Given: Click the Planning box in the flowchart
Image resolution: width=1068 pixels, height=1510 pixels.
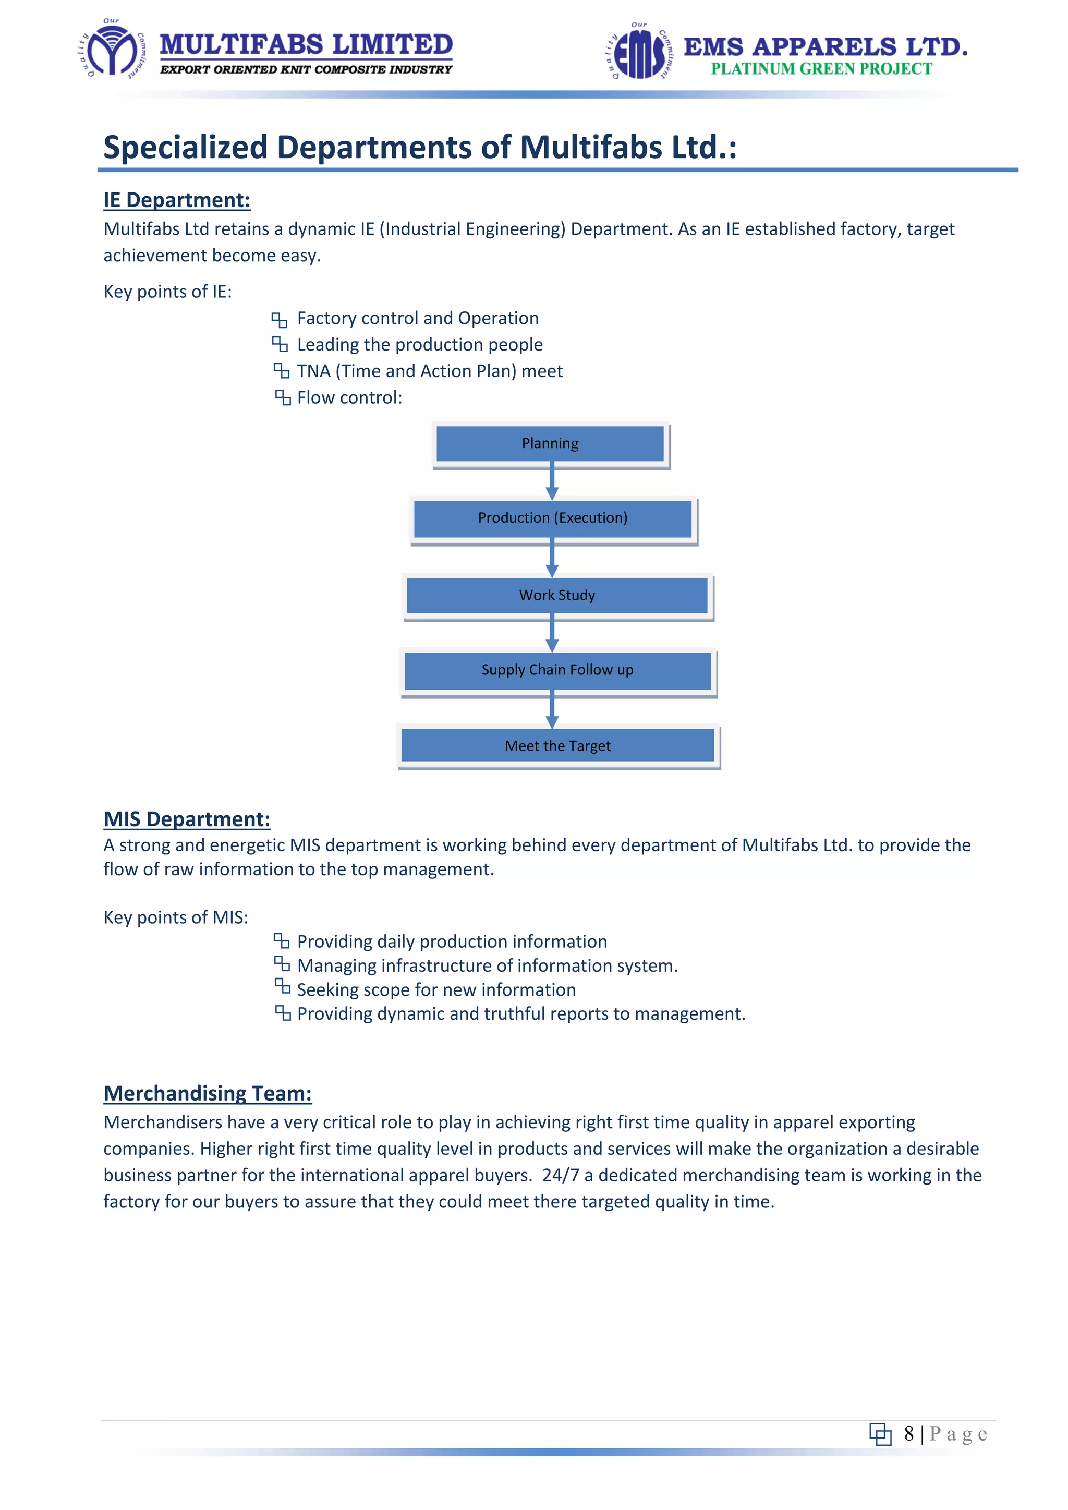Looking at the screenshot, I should pos(551,444).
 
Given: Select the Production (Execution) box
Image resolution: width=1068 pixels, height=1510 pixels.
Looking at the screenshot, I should pos(552,518).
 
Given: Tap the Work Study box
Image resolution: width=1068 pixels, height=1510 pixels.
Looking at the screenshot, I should pos(557,595).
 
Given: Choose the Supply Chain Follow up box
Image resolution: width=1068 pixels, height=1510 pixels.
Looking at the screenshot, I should pos(557,670).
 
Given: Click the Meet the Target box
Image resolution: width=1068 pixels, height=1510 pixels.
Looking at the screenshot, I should pos(557,746).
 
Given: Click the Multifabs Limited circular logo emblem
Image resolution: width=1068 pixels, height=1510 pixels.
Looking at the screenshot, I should pos(113,50).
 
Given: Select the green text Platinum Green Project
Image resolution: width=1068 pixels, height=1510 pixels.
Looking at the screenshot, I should pos(821,69).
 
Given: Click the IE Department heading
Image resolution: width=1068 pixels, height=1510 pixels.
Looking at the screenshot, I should pos(177,200).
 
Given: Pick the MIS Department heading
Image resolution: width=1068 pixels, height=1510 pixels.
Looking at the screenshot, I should pos(187,819).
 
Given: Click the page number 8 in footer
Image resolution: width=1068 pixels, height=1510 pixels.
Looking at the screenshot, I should pos(909,1434).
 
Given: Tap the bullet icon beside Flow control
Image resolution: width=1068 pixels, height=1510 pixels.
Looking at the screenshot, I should pos(283,398).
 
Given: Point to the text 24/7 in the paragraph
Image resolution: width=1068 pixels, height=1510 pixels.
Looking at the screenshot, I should pos(560,1175).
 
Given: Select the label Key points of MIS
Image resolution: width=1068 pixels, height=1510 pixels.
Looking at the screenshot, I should pos(176,917).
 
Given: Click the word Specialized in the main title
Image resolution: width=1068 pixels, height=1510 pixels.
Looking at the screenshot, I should pos(186,147).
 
